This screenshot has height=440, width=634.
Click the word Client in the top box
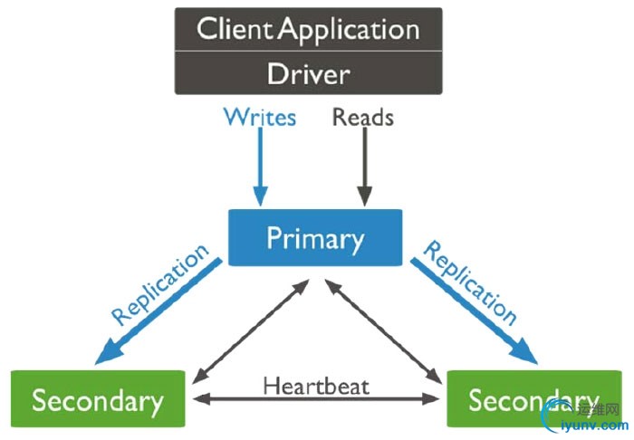click(x=235, y=29)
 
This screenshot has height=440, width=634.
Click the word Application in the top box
click(x=350, y=29)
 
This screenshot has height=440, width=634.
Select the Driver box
click(x=308, y=72)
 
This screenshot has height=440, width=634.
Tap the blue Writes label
click(x=260, y=118)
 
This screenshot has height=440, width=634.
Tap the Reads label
click(x=363, y=118)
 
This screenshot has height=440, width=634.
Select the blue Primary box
click(x=314, y=238)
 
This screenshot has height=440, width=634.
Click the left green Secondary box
click(x=98, y=399)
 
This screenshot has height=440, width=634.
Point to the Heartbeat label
click(x=316, y=385)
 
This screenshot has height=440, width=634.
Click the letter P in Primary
click(x=274, y=238)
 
